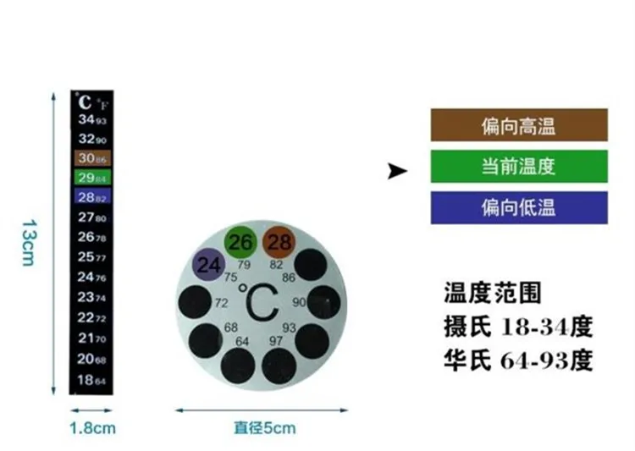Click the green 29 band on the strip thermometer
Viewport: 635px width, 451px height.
[91, 178]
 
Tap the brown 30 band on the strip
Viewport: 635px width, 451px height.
[91, 158]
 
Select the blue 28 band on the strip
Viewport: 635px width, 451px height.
[91, 197]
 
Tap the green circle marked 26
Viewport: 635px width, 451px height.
[241, 243]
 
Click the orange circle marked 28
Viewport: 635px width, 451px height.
[279, 243]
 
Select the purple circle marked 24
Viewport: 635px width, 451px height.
[208, 264]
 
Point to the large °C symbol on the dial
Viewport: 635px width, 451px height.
[258, 301]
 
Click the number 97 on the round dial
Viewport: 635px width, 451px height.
[277, 340]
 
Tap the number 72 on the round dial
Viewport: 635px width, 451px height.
[222, 302]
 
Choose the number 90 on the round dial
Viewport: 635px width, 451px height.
[299, 302]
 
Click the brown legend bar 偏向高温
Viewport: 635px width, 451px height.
[519, 125]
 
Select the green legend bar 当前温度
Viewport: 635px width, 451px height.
[519, 167]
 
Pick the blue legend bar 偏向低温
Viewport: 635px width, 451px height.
[519, 208]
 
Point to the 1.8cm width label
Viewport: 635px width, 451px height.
[91, 428]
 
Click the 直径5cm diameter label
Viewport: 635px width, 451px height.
[265, 428]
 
